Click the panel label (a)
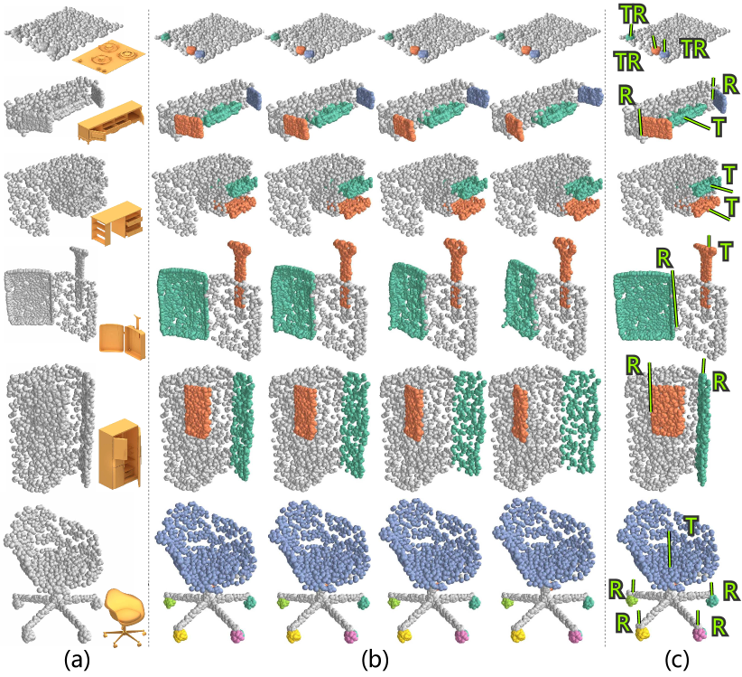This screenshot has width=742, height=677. point(77,660)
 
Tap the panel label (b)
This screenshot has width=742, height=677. point(375,660)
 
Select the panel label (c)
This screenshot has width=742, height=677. point(677,660)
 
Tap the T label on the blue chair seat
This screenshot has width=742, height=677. point(691,525)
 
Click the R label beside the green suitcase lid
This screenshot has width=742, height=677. point(664,259)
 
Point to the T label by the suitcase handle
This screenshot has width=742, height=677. point(726,251)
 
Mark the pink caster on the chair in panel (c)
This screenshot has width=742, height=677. point(700,634)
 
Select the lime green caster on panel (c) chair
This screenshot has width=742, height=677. point(631,600)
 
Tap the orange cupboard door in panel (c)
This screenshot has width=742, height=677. point(668,409)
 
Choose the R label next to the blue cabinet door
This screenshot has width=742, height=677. point(730,85)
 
